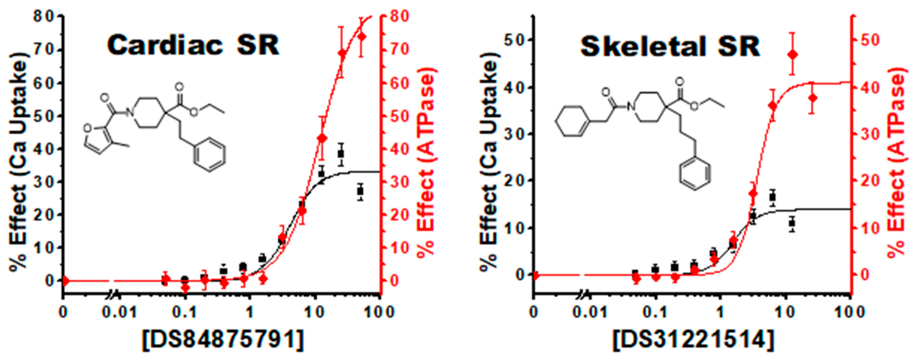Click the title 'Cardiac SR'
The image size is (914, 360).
(x=193, y=45)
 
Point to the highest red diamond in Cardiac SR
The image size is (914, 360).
(x=362, y=37)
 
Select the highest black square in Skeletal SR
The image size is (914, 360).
(x=773, y=197)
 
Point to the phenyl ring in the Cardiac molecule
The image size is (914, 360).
(x=209, y=156)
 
